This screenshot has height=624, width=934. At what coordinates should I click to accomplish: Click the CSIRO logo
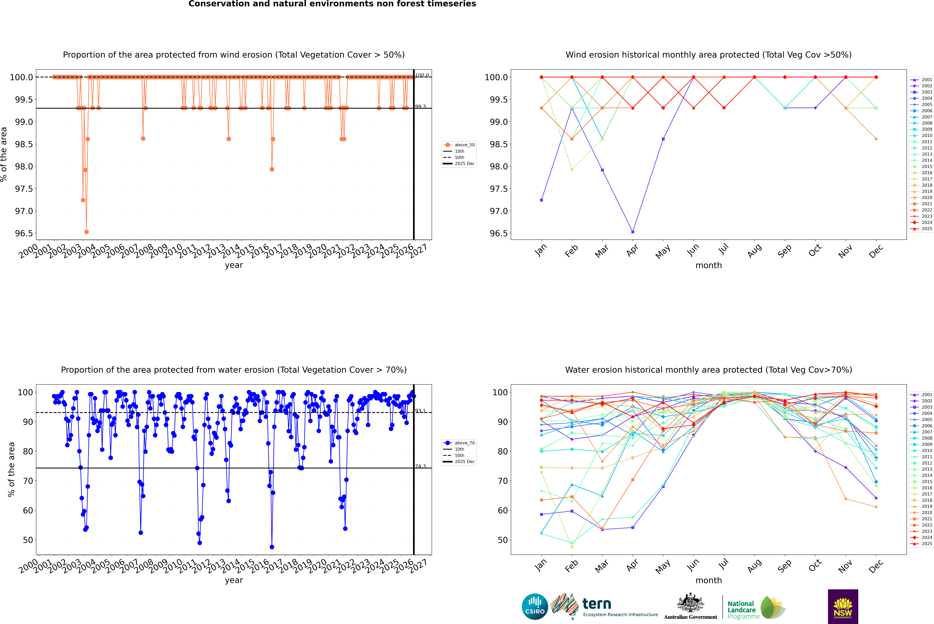coord(535,607)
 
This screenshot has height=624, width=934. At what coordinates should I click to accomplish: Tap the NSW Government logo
coord(843,607)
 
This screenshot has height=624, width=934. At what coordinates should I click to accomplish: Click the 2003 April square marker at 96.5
coord(633,232)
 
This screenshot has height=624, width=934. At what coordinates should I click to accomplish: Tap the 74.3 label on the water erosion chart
coord(420,466)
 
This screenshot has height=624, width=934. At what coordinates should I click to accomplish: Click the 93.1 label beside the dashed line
coord(420,411)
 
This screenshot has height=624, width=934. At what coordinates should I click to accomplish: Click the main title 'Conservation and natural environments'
coord(332,4)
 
